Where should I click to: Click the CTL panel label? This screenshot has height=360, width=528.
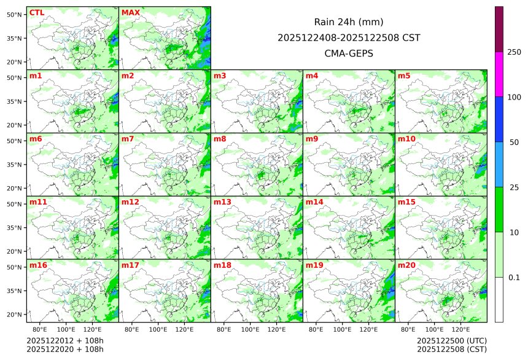coord(36,13)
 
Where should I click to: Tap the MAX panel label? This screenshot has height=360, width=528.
coord(130,13)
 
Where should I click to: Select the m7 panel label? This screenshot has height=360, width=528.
coord(128,139)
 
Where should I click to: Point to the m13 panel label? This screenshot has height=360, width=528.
coord(222,202)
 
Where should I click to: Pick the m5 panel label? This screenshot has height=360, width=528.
coord(404,76)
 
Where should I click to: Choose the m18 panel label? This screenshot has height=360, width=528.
coord(222,265)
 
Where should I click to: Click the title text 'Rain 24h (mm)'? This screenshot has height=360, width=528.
coord(349,22)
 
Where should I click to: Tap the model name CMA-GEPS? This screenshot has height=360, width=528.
coord(349,53)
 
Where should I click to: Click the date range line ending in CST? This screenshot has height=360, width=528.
coord(349,38)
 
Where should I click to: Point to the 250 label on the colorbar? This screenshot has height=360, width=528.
coord(514,52)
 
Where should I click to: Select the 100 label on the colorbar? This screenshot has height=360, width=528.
coord(514,97)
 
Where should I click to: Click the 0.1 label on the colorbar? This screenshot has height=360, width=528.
coord(514,278)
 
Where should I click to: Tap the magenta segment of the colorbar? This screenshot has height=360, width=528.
coord(499,74)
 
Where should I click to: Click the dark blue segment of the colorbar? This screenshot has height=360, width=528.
coord(499,119)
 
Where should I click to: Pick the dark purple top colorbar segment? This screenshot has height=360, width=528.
coord(499,29)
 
